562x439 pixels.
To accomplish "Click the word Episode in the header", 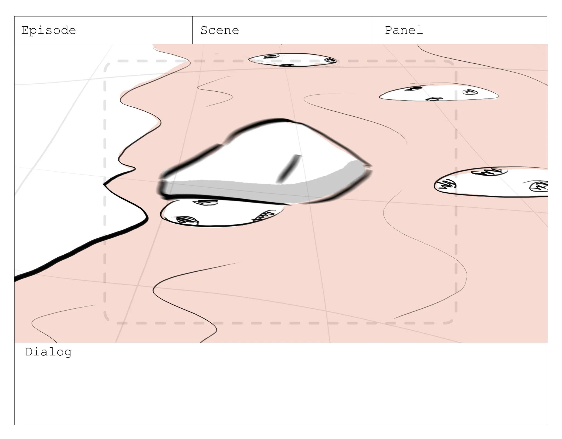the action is (49, 30).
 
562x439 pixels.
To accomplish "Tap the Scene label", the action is (220, 30).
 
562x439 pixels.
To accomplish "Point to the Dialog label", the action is (49, 352).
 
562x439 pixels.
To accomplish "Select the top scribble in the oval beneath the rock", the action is (206, 202).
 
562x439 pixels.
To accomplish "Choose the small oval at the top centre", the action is (292, 60).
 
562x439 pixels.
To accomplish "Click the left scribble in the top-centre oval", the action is (271, 57).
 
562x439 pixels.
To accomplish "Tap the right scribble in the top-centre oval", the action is (330, 60).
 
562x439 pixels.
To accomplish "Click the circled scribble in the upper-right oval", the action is (470, 92).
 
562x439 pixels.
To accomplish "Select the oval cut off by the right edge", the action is (491, 182).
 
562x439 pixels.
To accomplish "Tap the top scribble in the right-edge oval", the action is (489, 172).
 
